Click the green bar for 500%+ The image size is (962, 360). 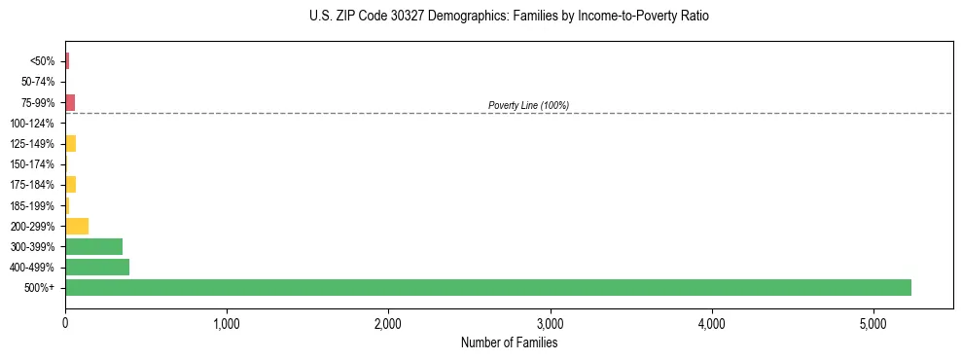(487, 287)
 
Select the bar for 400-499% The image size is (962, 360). (97, 267)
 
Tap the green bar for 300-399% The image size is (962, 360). (93, 246)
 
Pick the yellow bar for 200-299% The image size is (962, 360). (77, 226)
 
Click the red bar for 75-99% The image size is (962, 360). (70, 102)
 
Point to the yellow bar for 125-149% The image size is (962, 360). (70, 144)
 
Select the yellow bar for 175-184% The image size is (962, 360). (70, 185)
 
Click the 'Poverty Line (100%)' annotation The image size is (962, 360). (528, 105)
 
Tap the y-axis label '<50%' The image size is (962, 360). (42, 61)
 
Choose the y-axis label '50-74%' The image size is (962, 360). (37, 82)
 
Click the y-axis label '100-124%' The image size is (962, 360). (34, 124)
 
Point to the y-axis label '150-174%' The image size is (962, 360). (34, 164)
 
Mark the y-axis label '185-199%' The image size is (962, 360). (34, 205)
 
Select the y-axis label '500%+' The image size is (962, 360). (39, 288)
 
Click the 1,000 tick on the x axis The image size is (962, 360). (227, 322)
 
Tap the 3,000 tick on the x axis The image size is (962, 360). (550, 322)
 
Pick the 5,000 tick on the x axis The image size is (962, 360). (873, 322)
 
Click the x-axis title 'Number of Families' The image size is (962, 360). (509, 342)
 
